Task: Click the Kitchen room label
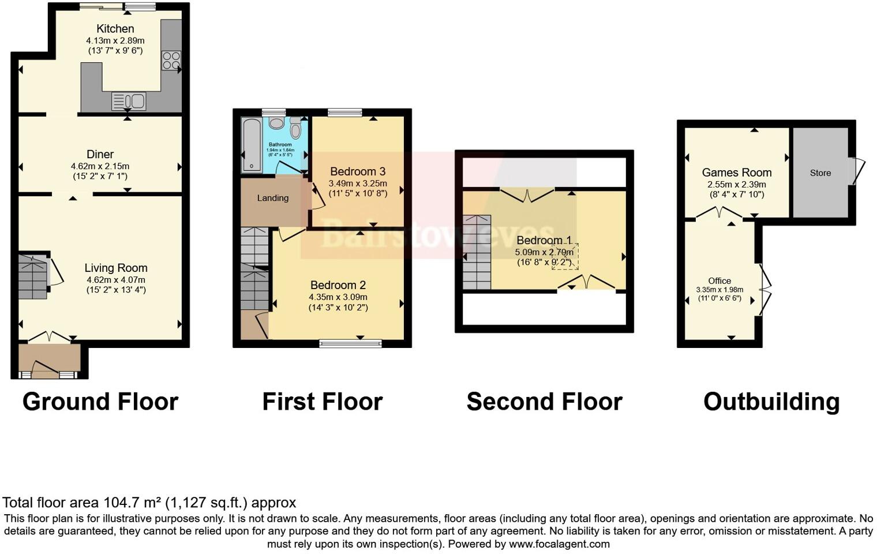(115, 29)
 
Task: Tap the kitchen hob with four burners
(171, 61)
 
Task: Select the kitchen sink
(129, 101)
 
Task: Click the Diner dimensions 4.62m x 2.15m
(100, 166)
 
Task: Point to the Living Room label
(116, 268)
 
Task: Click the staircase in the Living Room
(32, 277)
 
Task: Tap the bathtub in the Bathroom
(252, 145)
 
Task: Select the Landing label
(272, 198)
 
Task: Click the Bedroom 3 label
(358, 171)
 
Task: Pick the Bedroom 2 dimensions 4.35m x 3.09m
(338, 297)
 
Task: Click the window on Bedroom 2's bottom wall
(351, 344)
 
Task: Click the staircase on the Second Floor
(477, 252)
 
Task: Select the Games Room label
(737, 173)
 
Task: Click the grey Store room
(820, 173)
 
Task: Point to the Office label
(719, 280)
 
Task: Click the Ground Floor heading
(100, 402)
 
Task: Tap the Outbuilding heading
(771, 402)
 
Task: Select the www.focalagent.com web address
(559, 544)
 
